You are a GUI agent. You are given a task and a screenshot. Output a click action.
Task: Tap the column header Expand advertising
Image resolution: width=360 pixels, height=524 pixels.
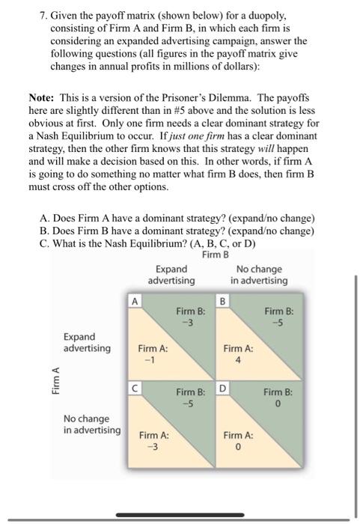coord(171,275)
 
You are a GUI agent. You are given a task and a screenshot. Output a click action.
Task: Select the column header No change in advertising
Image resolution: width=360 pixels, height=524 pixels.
coord(258,275)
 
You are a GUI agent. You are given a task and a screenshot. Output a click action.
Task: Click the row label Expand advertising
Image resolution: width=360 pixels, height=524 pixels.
coord(87,343)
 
